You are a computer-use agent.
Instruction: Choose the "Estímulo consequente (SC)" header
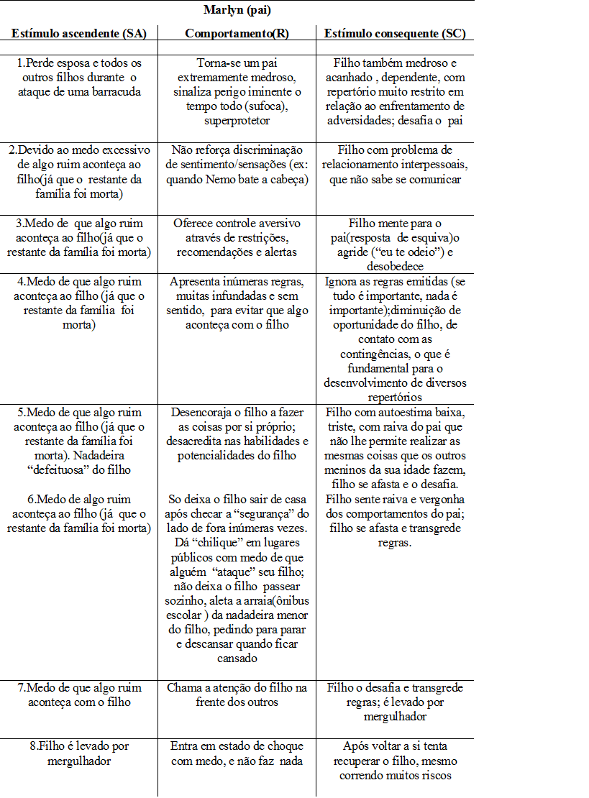pos(394,34)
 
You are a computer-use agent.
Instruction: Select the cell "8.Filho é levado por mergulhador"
pos(78,753)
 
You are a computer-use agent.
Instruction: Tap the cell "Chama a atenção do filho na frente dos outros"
pos(237,694)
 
